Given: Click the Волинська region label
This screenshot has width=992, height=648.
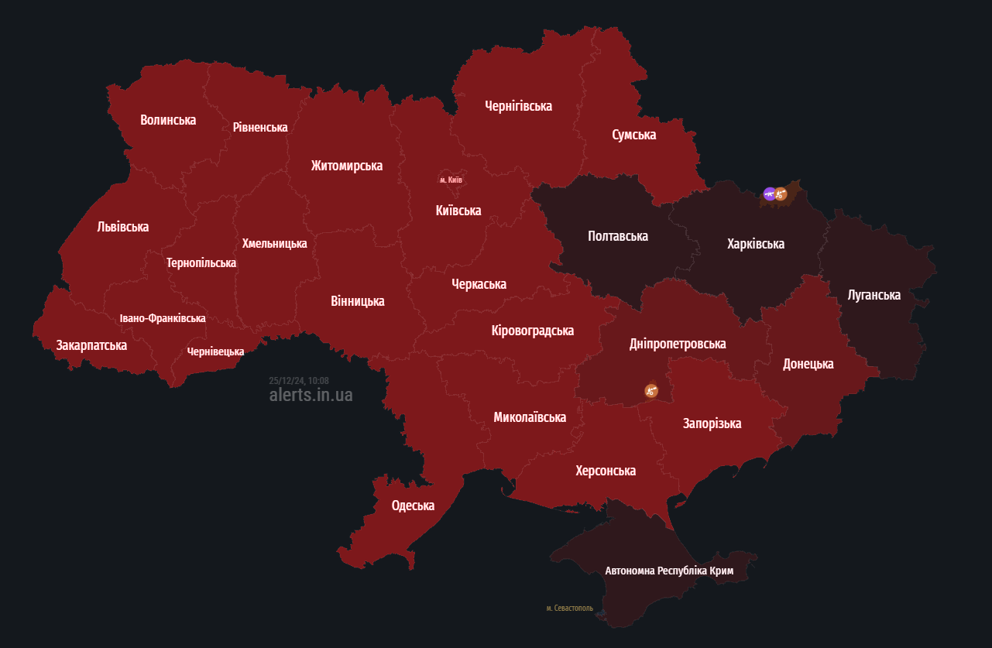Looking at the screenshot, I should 168,120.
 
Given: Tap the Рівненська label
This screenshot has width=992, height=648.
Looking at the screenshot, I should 260,127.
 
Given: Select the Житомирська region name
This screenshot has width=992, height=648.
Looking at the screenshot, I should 347,166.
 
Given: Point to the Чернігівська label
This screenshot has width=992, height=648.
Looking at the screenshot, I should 518,106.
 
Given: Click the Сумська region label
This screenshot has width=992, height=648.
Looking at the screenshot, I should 633,135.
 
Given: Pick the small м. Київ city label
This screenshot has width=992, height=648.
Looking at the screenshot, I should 451,180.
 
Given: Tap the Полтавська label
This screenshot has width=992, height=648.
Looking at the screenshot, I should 617,236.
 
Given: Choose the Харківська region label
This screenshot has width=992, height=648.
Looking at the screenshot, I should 756,244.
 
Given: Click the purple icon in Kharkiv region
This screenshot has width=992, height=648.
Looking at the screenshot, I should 769,194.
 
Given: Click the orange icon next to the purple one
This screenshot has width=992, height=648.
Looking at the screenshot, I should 781,194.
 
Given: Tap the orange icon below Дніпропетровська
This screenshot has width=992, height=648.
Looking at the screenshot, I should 651,391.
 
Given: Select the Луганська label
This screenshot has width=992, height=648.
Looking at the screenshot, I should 874,295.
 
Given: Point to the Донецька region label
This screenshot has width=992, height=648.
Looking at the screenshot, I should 808,364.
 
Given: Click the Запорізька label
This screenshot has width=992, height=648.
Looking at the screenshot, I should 712,423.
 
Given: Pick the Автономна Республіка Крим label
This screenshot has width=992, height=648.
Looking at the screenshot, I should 669,571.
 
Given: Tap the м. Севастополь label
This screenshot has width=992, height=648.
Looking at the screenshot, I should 569,609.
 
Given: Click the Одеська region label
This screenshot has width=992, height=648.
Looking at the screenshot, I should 413,506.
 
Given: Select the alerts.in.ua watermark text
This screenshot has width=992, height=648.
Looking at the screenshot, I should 311,395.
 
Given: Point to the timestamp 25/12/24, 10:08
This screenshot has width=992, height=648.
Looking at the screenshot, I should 299,380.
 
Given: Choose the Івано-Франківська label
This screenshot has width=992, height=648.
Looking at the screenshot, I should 163,318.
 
